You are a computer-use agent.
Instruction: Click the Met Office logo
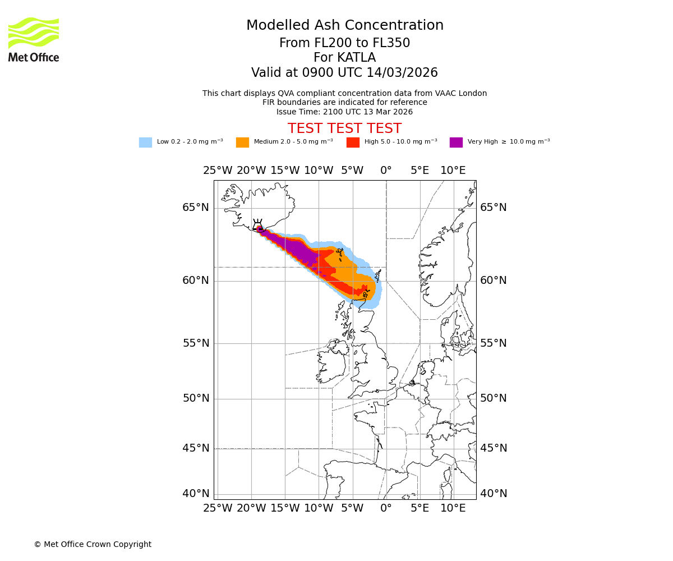tap(34, 39)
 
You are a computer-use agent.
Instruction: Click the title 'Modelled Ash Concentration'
tap(345, 26)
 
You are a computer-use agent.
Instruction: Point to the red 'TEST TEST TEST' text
tap(345, 129)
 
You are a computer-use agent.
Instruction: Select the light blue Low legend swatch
tap(145, 142)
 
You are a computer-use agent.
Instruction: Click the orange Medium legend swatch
tap(242, 142)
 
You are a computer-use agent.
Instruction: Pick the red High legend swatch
tap(353, 142)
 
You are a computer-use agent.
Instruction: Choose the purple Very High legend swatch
tap(456, 142)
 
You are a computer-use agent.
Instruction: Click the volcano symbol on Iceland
tap(258, 226)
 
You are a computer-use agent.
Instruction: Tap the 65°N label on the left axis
tap(196, 208)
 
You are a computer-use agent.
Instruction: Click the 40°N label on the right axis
tap(494, 494)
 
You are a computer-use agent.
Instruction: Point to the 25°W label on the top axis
tap(218, 171)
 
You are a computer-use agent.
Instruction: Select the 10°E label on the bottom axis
tap(453, 508)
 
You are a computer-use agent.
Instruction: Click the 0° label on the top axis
tap(386, 171)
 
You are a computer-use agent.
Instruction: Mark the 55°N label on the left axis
tap(196, 343)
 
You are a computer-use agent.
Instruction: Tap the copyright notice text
tap(93, 545)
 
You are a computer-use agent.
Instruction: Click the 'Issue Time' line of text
tap(345, 112)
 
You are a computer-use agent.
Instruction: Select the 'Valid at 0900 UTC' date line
tap(345, 73)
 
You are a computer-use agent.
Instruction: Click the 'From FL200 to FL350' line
tap(345, 43)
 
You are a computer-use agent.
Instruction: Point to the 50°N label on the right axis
tap(494, 398)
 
